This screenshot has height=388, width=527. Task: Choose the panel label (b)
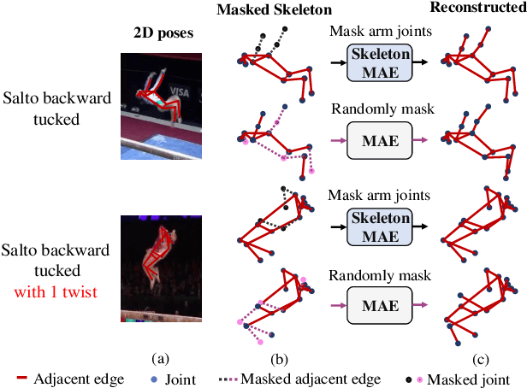(275, 353)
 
